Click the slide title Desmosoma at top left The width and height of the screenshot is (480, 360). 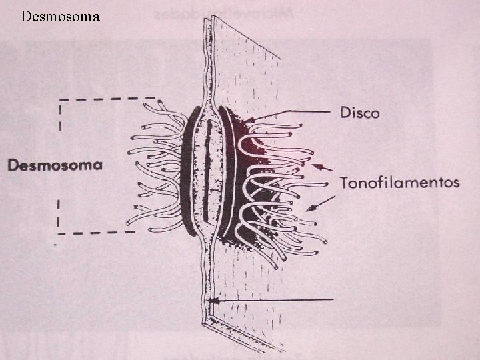point(60,15)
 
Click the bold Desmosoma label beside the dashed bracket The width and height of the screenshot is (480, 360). point(55,165)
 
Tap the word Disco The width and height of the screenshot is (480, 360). point(359,113)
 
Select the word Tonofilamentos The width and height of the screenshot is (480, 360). point(399,182)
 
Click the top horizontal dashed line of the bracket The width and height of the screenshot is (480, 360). point(100,100)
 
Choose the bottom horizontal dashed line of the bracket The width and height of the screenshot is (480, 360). point(97,233)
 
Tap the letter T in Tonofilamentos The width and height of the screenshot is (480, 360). point(345,181)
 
